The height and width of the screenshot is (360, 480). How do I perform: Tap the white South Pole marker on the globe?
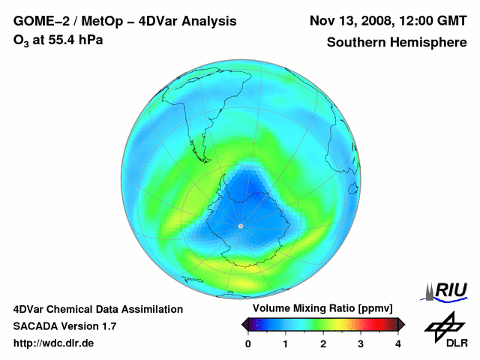tap(240, 226)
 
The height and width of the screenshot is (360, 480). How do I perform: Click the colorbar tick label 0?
tap(248, 343)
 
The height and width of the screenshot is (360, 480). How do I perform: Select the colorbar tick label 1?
tap(286, 343)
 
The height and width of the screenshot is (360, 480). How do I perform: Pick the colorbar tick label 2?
tap(323, 343)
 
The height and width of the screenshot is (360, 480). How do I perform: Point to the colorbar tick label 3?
tap(361, 343)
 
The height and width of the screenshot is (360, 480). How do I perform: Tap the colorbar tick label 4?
tap(398, 343)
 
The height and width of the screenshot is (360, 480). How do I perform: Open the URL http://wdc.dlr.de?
tap(54, 343)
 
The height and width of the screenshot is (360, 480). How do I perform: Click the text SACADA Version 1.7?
tap(64, 326)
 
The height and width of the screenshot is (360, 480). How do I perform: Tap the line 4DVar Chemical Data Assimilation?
tap(97, 309)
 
